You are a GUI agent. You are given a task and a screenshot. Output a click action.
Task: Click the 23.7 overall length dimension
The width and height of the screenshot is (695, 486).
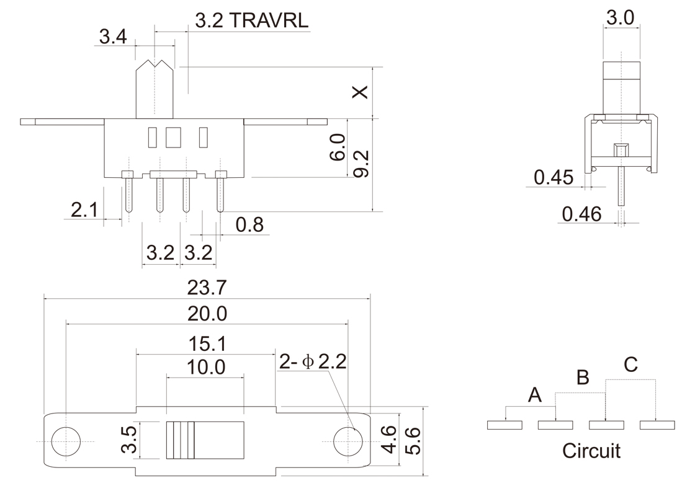(x=206, y=288)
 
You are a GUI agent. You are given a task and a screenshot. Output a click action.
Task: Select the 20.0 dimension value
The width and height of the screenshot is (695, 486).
(x=206, y=314)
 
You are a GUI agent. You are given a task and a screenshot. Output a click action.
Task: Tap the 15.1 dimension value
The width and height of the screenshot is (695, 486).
(x=206, y=343)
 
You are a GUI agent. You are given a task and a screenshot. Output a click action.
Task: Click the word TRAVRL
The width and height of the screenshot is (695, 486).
(x=269, y=21)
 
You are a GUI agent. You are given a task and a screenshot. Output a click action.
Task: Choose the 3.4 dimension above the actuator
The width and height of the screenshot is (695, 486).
(x=113, y=37)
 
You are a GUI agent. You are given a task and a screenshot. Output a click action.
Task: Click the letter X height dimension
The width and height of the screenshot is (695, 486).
(x=360, y=92)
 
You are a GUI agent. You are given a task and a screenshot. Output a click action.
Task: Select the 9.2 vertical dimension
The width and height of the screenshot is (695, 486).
(x=362, y=164)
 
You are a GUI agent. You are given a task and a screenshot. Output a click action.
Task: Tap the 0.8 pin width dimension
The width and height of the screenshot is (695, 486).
(x=250, y=224)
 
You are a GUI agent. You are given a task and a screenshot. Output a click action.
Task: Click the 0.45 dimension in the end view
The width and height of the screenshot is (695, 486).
(x=553, y=177)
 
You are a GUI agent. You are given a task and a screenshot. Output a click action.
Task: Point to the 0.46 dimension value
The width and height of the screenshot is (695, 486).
(x=581, y=214)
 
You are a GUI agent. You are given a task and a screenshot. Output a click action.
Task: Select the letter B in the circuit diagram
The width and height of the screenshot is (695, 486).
(x=582, y=377)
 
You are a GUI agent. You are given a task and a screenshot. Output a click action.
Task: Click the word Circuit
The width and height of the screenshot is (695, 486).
(x=591, y=451)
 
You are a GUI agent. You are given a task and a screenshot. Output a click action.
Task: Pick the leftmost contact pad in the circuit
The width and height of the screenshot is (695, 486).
(x=505, y=425)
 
